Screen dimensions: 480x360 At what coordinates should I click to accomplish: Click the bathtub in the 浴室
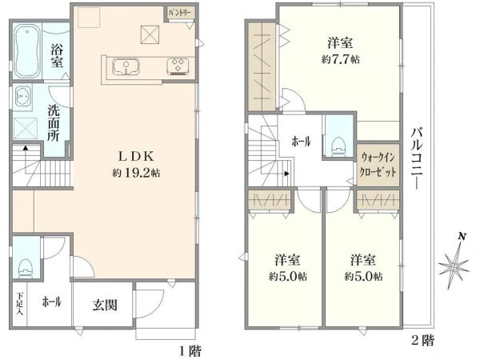(27, 51)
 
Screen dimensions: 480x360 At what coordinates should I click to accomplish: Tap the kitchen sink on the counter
(126, 66)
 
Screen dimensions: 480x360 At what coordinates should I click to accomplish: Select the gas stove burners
(178, 66)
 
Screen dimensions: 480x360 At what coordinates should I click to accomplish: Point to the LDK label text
(136, 157)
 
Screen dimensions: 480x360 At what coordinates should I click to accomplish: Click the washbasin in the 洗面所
(22, 97)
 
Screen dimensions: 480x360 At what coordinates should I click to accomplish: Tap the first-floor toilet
(26, 268)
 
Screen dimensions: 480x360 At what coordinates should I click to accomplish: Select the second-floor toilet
(339, 147)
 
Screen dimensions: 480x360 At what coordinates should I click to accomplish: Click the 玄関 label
(105, 305)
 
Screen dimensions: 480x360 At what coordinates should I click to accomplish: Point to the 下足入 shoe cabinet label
(19, 304)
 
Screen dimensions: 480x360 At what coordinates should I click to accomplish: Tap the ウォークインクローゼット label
(378, 165)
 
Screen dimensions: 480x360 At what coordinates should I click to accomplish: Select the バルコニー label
(416, 158)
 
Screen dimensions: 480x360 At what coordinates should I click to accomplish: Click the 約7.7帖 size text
(341, 59)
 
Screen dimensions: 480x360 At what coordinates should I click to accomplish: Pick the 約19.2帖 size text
(136, 174)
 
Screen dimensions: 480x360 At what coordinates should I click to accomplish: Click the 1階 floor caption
(190, 351)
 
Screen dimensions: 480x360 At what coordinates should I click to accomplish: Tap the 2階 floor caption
(422, 340)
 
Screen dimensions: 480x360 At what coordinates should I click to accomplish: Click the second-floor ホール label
(302, 142)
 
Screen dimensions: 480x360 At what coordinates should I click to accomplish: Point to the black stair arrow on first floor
(26, 149)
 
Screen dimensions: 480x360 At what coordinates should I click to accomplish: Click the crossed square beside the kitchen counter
(150, 34)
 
